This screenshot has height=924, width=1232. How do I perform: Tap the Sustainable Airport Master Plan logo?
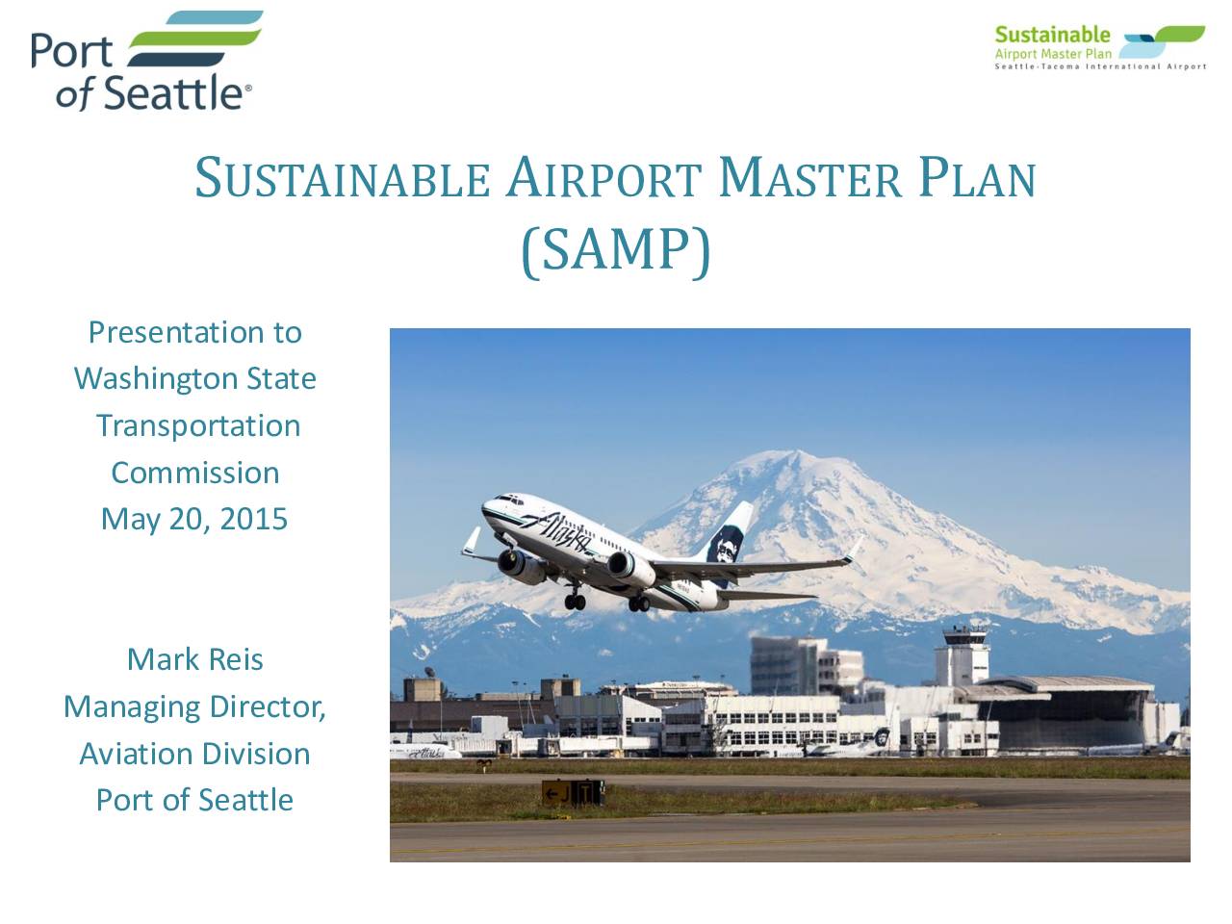click(1099, 47)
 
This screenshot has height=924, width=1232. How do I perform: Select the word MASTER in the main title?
click(809, 178)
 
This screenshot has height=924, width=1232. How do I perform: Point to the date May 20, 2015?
click(194, 520)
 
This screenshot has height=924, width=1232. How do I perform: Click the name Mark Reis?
click(194, 659)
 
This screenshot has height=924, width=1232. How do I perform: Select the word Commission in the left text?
click(195, 473)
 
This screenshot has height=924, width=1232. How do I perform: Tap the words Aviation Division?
click(194, 754)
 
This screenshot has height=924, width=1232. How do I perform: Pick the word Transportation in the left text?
click(198, 426)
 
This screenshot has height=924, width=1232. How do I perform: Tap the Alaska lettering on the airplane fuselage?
click(555, 530)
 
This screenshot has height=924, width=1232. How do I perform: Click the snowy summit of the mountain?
click(796, 457)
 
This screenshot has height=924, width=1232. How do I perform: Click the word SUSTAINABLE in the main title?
click(343, 178)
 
